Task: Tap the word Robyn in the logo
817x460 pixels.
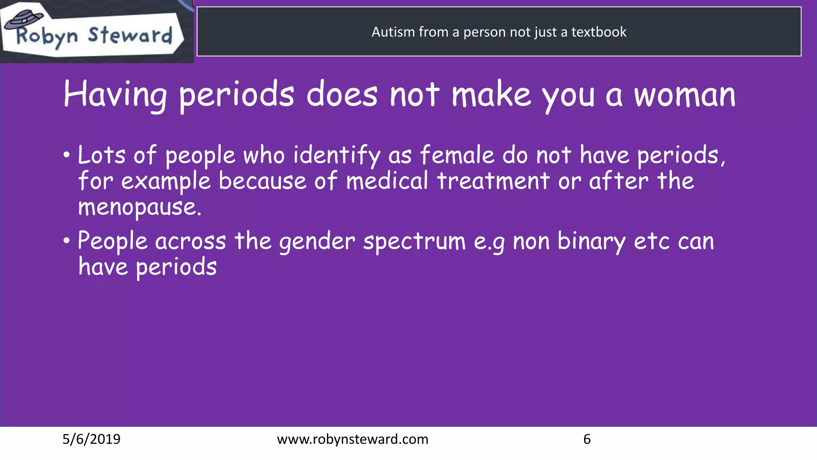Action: pyautogui.click(x=47, y=37)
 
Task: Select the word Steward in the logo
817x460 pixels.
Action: pyautogui.click(x=130, y=35)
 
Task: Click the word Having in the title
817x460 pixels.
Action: pyautogui.click(x=115, y=95)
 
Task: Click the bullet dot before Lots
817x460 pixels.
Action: pyautogui.click(x=67, y=155)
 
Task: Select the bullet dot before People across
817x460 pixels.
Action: pyautogui.click(x=67, y=241)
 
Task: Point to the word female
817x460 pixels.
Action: pyautogui.click(x=457, y=155)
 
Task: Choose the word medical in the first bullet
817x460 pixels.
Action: pyautogui.click(x=387, y=181)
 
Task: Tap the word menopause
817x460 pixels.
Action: pyautogui.click(x=140, y=208)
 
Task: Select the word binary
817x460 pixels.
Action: pyautogui.click(x=592, y=242)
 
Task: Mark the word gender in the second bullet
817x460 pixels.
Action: pyautogui.click(x=317, y=242)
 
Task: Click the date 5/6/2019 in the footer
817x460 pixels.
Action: pyautogui.click(x=91, y=439)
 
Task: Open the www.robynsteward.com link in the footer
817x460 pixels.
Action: pyautogui.click(x=353, y=439)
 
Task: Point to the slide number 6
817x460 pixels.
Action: pyautogui.click(x=587, y=439)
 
